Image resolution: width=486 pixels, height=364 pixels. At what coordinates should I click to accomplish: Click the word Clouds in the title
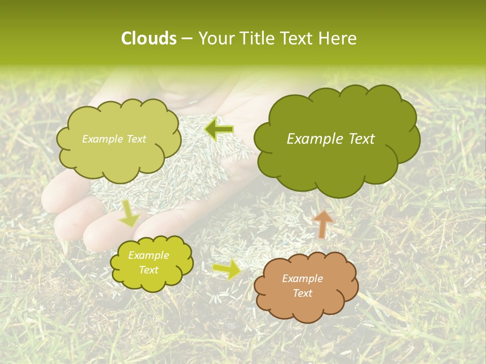[x=148, y=38]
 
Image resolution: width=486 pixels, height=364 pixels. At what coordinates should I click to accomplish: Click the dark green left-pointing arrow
[x=219, y=130]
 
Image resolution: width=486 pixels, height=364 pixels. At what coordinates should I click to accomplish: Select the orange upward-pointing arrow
[x=322, y=223]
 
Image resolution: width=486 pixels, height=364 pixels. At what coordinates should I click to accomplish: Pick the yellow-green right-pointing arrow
[x=227, y=269]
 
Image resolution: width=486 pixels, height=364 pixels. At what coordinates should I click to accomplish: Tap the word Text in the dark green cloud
[x=361, y=139]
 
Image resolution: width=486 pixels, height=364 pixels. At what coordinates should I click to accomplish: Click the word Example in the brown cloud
[x=302, y=279]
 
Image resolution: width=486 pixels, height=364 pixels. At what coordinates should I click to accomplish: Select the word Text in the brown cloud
[x=302, y=293]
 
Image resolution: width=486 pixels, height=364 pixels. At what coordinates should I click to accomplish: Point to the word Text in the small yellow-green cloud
[x=148, y=270]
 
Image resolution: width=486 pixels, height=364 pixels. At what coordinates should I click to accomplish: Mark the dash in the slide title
[x=186, y=38]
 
